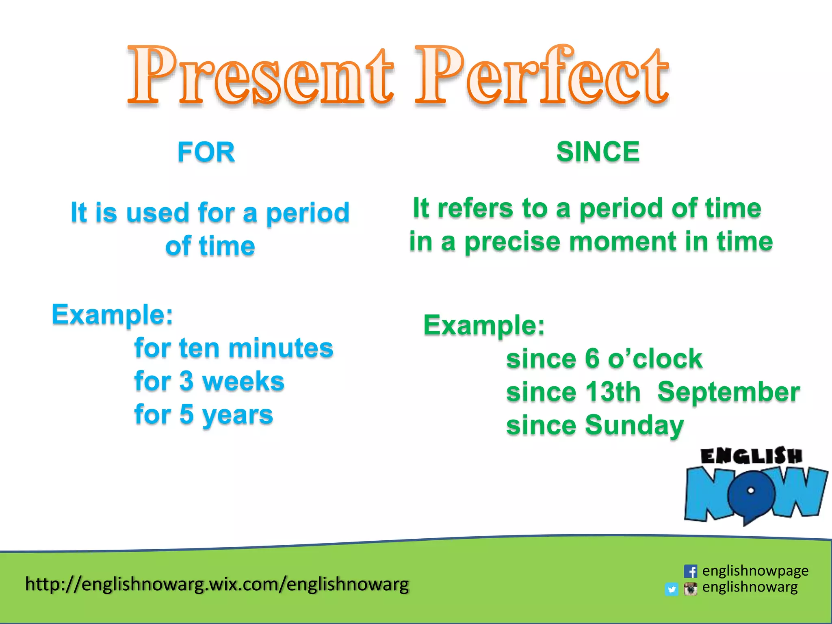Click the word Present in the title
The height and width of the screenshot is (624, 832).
tap(260, 77)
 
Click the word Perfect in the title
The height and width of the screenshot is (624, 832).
tap(542, 77)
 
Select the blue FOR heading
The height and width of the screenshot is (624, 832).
tap(206, 152)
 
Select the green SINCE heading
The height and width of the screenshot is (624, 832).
tap(598, 152)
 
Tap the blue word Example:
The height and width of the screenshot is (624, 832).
tap(112, 315)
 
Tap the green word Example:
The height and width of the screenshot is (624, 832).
tap(484, 325)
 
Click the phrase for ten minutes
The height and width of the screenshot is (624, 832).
tap(234, 349)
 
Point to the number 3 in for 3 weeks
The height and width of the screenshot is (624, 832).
tap(186, 381)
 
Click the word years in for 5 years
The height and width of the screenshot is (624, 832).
tap(238, 415)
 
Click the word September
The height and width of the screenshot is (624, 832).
tap(728, 392)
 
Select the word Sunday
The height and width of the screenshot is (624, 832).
tap(634, 426)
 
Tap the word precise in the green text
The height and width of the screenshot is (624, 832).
tap(512, 242)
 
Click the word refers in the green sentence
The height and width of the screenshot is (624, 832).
tap(475, 208)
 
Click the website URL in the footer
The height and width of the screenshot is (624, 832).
tap(217, 584)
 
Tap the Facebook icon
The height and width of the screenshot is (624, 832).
tap(690, 571)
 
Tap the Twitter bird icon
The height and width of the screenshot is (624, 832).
tap(672, 589)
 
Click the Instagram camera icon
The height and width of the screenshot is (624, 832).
tap(690, 588)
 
